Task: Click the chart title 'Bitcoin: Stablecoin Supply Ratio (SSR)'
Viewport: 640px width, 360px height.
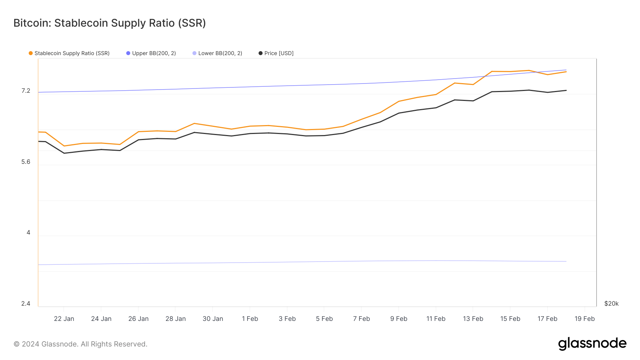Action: pos(110,23)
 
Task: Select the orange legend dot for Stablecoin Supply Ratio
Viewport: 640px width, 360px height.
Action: pos(31,53)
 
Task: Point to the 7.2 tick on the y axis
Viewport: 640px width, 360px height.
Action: pos(26,91)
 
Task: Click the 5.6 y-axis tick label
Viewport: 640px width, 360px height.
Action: pos(26,162)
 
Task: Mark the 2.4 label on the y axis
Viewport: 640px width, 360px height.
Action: pos(26,303)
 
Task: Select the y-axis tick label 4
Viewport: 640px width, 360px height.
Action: pos(28,233)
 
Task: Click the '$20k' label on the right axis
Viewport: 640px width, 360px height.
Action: pos(611,303)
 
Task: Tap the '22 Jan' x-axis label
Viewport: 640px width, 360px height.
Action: pos(64,319)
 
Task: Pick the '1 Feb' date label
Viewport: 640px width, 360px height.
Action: pos(250,319)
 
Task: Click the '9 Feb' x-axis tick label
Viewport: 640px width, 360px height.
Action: pos(399,319)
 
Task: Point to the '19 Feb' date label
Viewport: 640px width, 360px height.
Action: pos(585,319)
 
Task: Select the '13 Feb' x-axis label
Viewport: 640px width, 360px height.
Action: pos(473,319)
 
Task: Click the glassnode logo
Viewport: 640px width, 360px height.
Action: pos(592,344)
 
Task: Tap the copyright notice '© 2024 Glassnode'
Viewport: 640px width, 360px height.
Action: pos(80,344)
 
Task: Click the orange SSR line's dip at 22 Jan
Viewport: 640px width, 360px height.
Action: pos(64,146)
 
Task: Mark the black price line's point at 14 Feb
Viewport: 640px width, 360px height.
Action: pos(492,92)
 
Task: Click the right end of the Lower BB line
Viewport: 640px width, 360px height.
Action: pos(566,262)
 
